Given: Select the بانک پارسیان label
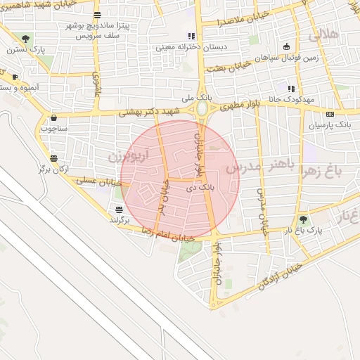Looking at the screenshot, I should point(329,125).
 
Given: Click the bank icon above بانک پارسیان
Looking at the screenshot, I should point(329,114).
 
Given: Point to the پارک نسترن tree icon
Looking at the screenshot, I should point(26,39).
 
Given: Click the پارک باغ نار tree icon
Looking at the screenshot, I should point(304,219).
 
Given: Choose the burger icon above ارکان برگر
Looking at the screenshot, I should point(54,158).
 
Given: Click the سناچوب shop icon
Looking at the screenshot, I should point(53,118).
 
